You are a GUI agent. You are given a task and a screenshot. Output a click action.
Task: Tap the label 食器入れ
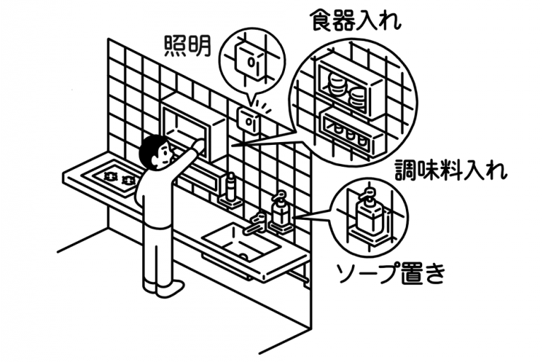pyautogui.click(x=356, y=20)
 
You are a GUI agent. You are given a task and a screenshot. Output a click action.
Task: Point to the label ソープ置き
pyautogui.click(x=391, y=273)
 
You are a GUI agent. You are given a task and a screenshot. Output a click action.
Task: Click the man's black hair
pyautogui.click(x=152, y=149)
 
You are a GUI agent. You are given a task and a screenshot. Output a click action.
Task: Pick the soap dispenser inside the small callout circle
pyautogui.click(x=368, y=213)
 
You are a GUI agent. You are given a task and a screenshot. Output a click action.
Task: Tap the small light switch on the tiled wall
pyautogui.click(x=248, y=121)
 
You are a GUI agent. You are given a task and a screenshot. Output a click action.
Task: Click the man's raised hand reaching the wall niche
pyautogui.click(x=200, y=145)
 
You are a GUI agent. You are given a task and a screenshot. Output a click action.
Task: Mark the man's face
pyautogui.click(x=162, y=157)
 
